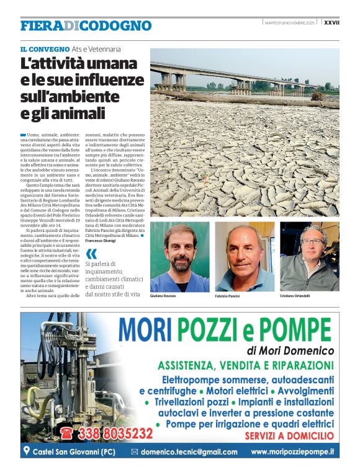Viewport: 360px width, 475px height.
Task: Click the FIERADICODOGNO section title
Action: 86,26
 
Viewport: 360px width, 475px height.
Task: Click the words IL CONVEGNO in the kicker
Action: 45,48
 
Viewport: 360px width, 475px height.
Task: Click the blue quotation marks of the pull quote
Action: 91,253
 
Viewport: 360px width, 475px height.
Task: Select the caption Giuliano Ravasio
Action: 163,296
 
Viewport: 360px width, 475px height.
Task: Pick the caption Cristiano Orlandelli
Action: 296,296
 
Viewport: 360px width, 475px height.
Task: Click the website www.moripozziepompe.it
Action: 292,452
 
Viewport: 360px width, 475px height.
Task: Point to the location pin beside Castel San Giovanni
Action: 26,451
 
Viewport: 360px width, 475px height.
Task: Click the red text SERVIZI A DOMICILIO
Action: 289,437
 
